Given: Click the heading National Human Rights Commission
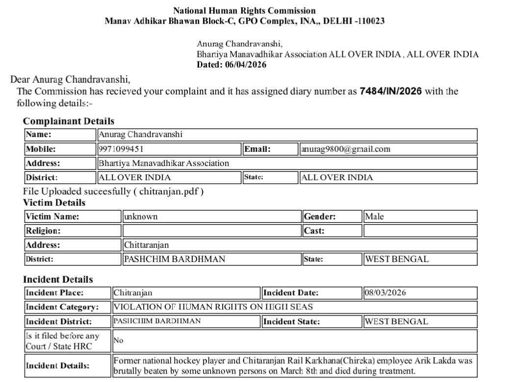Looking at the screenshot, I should click(244, 10).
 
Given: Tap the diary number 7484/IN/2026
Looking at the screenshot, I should click(390, 91).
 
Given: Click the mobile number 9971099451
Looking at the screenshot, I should click(121, 149).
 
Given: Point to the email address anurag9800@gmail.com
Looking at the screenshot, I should click(346, 149).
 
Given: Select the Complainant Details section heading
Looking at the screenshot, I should click(69, 121).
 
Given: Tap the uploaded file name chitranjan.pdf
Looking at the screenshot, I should click(170, 191).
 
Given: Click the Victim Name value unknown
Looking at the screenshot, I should click(141, 216).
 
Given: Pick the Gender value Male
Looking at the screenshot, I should click(375, 216).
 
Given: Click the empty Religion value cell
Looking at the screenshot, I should click(211, 231).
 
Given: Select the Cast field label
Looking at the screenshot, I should click(314, 231).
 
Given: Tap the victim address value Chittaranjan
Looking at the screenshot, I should click(146, 245).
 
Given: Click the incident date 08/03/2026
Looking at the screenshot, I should click(385, 293).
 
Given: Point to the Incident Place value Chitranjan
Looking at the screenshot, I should click(133, 293).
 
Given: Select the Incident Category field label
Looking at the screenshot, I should click(62, 307).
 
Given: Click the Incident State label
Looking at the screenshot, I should click(292, 322).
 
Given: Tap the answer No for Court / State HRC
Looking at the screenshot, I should click(119, 340).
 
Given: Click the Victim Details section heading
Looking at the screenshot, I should click(54, 203).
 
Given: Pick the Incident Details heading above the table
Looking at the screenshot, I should click(58, 280).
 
